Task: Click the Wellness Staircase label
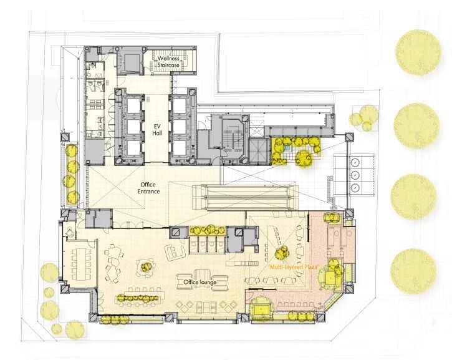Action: pyautogui.click(x=168, y=62)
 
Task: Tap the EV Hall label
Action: pyautogui.click(x=157, y=130)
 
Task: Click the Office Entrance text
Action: pyautogui.click(x=148, y=188)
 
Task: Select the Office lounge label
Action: pyautogui.click(x=200, y=282)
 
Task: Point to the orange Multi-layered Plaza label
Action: pyautogui.click(x=294, y=267)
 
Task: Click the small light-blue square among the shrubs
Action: pyautogui.click(x=287, y=148)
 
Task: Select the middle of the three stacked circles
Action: pyautogui.click(x=355, y=174)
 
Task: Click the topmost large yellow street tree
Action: pyautogui.click(x=418, y=52)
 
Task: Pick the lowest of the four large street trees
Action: pyautogui.click(x=413, y=271)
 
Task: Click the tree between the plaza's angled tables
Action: pyautogui.click(x=282, y=253)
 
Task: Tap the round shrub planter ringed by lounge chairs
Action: pyautogui.click(x=146, y=267)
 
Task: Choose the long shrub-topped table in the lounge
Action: pyautogui.click(x=140, y=299)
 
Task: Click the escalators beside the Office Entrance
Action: pyautogui.click(x=245, y=198)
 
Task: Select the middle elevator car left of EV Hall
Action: pyautogui.click(x=133, y=126)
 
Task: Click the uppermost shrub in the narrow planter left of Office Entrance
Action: pyautogui.click(x=72, y=151)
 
